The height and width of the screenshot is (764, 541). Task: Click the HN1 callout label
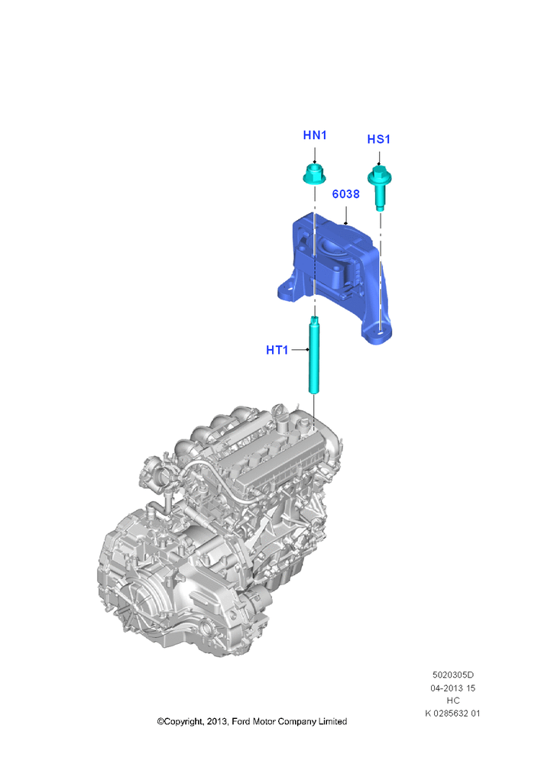(315, 135)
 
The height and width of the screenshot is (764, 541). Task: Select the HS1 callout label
(379, 139)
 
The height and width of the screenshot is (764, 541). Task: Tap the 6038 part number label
(346, 194)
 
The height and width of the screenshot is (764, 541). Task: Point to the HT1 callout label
(277, 350)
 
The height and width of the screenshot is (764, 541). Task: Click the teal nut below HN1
(314, 174)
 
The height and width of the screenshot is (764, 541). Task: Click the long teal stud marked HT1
(314, 354)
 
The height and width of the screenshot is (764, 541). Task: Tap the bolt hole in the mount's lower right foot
(381, 334)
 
